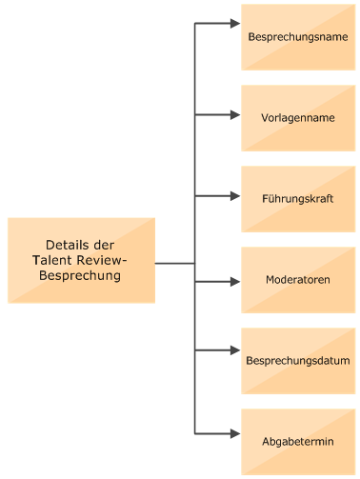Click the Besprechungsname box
tap(297, 37)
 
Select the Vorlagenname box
tap(297, 118)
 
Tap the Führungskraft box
tap(297, 199)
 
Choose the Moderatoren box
tap(297, 280)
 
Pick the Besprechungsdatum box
tap(297, 361)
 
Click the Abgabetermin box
tap(297, 442)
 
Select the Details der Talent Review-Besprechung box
tap(81, 260)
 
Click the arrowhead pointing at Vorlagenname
tap(235, 115)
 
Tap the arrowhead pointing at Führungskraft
tap(235, 196)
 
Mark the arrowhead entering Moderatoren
tap(235, 282)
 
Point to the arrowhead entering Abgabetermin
tap(235, 433)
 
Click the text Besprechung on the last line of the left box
tap(80, 276)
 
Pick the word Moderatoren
tap(297, 280)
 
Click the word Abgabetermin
tap(297, 442)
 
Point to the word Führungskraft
tap(297, 199)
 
